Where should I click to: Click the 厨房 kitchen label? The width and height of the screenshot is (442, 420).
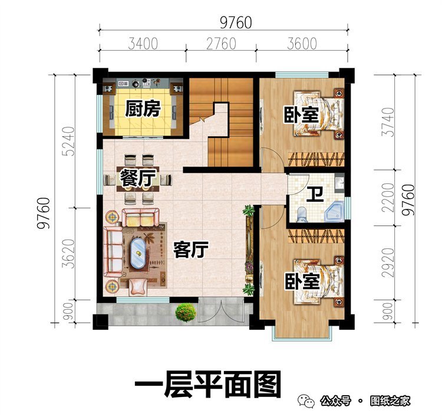click(143, 109)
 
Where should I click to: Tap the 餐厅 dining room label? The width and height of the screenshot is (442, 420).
click(137, 178)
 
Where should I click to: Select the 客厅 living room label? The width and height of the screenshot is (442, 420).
click(191, 250)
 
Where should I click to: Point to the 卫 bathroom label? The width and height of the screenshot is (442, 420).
click(314, 193)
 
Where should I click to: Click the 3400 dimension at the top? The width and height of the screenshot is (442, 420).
click(142, 44)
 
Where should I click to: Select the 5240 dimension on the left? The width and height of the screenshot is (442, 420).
click(69, 140)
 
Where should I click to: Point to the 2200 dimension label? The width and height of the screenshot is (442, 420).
click(385, 198)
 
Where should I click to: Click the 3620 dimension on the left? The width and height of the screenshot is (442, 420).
click(69, 254)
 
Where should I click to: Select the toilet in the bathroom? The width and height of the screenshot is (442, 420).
click(302, 213)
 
